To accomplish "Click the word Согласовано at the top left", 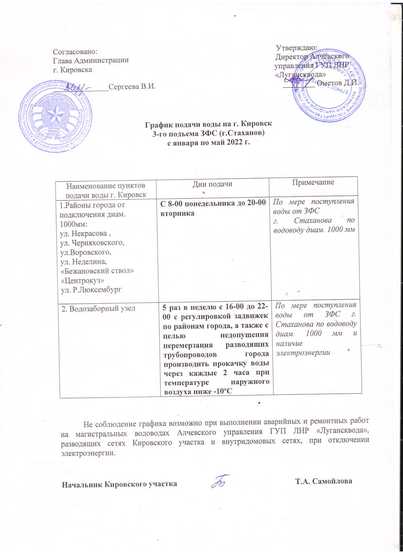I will pos(74,51).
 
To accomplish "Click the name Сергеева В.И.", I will pos(132,86).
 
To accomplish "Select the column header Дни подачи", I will pos(212,184).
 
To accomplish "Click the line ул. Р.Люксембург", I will pos(91,289).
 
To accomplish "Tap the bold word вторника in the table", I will pos(177,213).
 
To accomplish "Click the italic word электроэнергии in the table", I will pos(303,352).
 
